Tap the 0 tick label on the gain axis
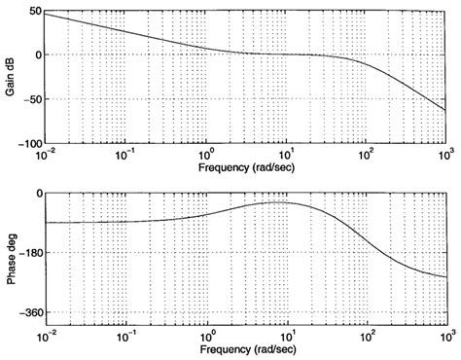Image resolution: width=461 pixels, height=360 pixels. [x=35, y=54]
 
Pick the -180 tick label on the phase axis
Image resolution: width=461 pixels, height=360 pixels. [x=28, y=253]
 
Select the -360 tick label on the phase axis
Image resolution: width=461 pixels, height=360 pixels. [x=28, y=313]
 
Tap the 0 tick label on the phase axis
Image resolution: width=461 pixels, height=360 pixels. [x=35, y=194]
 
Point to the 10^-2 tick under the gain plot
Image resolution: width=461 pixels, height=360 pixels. [x=45, y=154]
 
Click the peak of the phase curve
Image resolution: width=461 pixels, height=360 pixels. [x=281, y=202]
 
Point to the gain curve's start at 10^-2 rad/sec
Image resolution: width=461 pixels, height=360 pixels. [x=46, y=14]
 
